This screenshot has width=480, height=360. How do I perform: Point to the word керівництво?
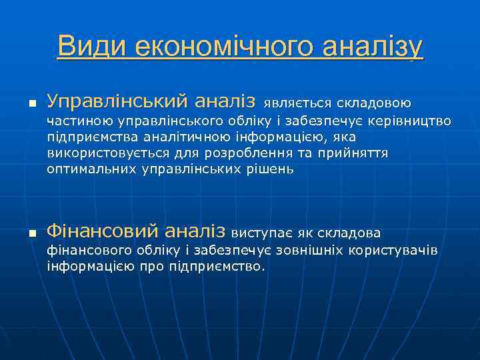[414, 122]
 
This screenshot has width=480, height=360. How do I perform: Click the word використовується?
[101, 153]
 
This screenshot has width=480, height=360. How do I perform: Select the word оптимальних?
[92, 169]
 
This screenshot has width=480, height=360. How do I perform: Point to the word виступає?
[262, 233]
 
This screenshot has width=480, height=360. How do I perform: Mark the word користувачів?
[394, 251]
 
